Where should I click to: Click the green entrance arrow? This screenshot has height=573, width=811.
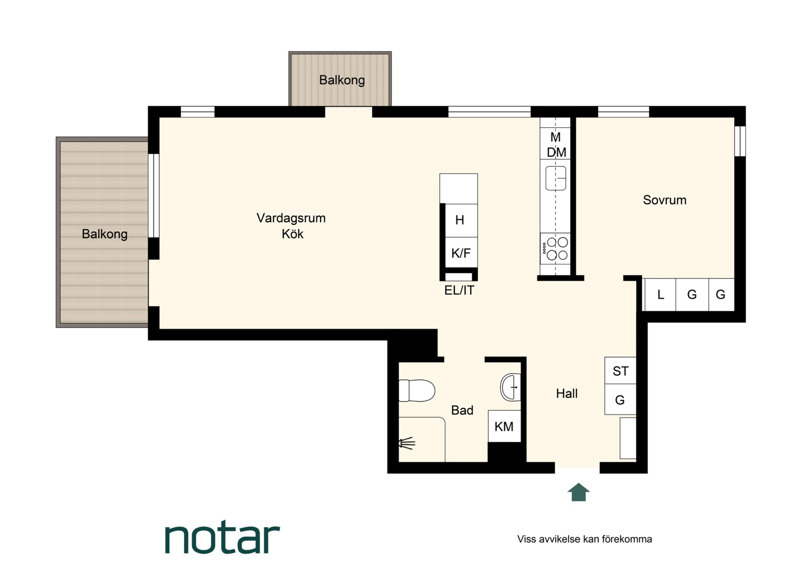578,492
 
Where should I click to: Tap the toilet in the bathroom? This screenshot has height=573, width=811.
416,390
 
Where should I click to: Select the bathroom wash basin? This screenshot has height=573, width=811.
511,387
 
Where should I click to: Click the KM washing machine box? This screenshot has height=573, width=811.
504,426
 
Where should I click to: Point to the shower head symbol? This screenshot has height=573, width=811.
407,443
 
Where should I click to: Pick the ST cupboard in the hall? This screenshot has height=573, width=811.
620,371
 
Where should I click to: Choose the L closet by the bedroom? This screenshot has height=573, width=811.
660,294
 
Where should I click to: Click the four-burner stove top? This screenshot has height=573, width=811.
555,249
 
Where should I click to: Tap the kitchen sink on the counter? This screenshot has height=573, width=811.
556,178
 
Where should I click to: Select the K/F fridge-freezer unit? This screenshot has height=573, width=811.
461,253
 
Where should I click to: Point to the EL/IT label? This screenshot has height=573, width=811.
459,290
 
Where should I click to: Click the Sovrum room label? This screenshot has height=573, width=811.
665,200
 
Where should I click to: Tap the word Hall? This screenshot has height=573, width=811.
567,394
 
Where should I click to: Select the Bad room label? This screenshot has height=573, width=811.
462,410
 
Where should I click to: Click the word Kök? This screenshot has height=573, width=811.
292,234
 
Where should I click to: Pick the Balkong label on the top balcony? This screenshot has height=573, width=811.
342,80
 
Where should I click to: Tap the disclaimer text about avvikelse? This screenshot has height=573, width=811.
584,539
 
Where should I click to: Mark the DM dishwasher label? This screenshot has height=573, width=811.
556,152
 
